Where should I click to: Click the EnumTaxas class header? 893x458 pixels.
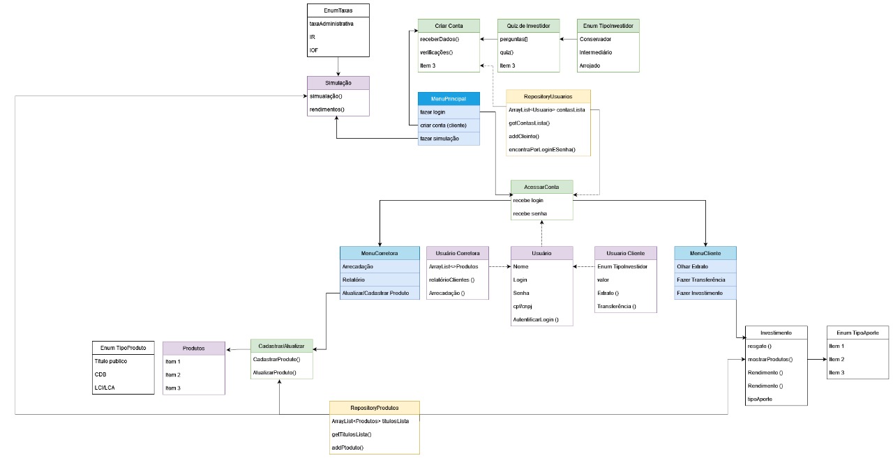click(338, 10)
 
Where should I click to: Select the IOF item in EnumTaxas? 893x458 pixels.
click(314, 50)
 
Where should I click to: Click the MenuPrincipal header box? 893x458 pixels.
click(449, 99)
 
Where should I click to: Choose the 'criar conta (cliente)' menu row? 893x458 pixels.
click(444, 125)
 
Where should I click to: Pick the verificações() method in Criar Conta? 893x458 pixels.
click(437, 52)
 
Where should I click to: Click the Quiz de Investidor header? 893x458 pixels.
click(528, 26)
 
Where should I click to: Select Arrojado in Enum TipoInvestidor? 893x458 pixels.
click(590, 66)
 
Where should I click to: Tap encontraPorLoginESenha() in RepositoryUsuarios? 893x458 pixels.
click(542, 150)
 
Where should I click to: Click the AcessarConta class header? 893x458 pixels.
click(541, 187)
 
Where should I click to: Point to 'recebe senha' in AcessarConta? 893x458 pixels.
click(530, 213)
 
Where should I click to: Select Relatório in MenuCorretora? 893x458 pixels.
click(353, 280)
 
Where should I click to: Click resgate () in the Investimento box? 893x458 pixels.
click(759, 346)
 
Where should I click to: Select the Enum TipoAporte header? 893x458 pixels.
click(857, 333)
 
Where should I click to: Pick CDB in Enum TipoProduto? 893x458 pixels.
click(100, 374)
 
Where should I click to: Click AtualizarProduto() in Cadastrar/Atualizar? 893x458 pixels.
click(275, 372)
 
